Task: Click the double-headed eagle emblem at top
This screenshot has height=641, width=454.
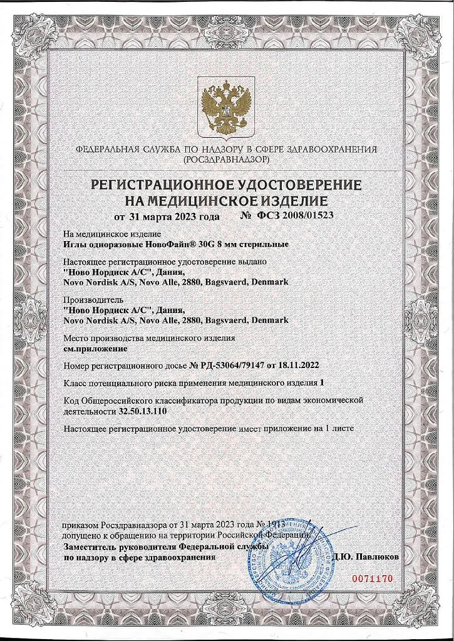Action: click(x=226, y=106)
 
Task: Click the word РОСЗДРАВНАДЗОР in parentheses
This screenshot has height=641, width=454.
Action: click(x=227, y=160)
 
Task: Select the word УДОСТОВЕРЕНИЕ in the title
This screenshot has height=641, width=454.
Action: click(x=294, y=185)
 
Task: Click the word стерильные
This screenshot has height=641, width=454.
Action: click(x=262, y=244)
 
